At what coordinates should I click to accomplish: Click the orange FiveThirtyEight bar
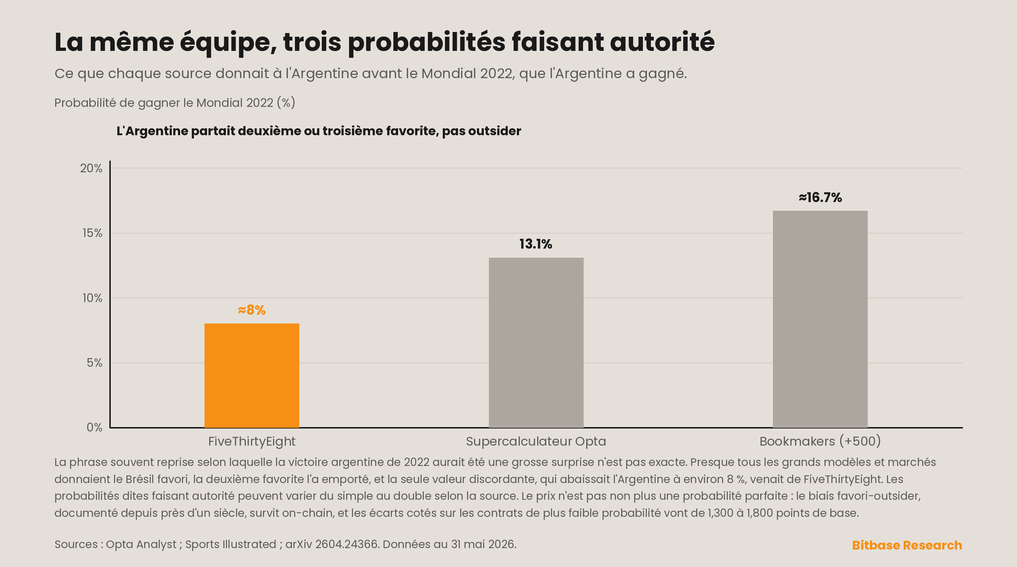point(251,375)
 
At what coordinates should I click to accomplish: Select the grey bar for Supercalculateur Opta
point(536,343)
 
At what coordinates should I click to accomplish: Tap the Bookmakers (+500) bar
point(820,319)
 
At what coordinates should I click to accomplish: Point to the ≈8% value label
point(251,310)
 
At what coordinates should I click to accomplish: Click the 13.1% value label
point(536,244)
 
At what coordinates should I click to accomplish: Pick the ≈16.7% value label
point(820,198)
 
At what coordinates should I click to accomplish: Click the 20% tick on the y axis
point(91,168)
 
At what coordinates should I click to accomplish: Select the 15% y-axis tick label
point(92,233)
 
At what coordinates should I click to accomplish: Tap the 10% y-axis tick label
point(92,298)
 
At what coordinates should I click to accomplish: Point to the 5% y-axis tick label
point(94,363)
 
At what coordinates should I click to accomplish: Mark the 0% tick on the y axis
point(94,427)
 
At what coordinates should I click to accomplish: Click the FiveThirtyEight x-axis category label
point(251,441)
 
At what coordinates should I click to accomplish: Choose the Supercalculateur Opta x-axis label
point(536,441)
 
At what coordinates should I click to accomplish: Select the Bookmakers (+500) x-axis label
point(820,441)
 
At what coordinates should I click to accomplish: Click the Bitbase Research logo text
point(907,545)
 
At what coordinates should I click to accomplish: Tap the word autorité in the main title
point(662,42)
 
